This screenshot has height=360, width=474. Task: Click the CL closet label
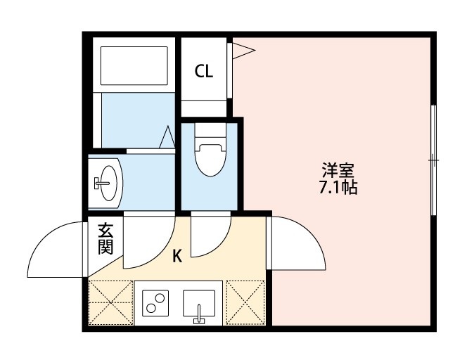pyautogui.click(x=203, y=71)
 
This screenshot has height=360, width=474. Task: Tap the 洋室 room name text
pyautogui.click(x=338, y=171)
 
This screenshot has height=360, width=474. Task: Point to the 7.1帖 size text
pyautogui.click(x=338, y=188)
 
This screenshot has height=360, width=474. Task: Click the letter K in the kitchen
pyautogui.click(x=177, y=257)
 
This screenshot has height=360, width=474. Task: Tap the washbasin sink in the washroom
pyautogui.click(x=105, y=182)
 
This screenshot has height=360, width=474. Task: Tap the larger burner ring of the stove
pyautogui.click(x=150, y=308)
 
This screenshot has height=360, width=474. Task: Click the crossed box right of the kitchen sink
pyautogui.click(x=245, y=302)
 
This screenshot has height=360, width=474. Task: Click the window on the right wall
pyautogui.click(x=434, y=161)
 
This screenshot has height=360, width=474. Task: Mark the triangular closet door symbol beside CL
pyautogui.click(x=243, y=51)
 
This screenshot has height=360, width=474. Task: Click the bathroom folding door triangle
pyautogui.click(x=167, y=137)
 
